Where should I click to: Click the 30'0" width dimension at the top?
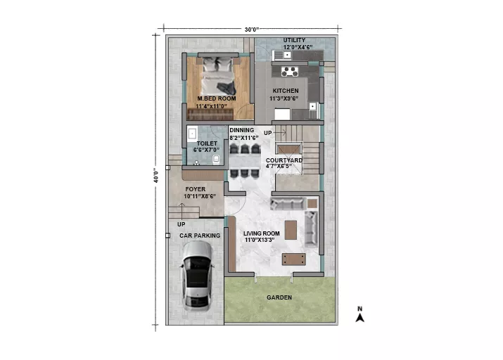pyautogui.click(x=252, y=30)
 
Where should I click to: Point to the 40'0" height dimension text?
pyautogui.click(x=156, y=175)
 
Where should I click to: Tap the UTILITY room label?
pyautogui.click(x=294, y=40)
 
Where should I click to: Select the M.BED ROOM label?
pyautogui.click(x=217, y=98)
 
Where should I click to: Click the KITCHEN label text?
pyautogui.click(x=286, y=91)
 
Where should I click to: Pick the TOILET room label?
pyautogui.click(x=207, y=143)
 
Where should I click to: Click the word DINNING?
pyautogui.click(x=241, y=130)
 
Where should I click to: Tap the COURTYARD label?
pyautogui.click(x=284, y=160)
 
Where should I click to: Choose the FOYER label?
pyautogui.click(x=195, y=189)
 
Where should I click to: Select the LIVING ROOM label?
pyautogui.click(x=262, y=233)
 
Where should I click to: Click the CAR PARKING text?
pyautogui.click(x=200, y=236)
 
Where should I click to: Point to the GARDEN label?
pyautogui.click(x=279, y=297)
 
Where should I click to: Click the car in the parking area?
pyautogui.click(x=196, y=276)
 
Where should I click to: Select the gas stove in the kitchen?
pyautogui.click(x=290, y=72)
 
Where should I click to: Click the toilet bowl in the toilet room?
pyautogui.click(x=216, y=159)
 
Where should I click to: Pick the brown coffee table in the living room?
pyautogui.click(x=291, y=230)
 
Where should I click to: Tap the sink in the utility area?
pyautogui.click(x=286, y=55)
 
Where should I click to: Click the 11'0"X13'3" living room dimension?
pyautogui.click(x=260, y=240)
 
